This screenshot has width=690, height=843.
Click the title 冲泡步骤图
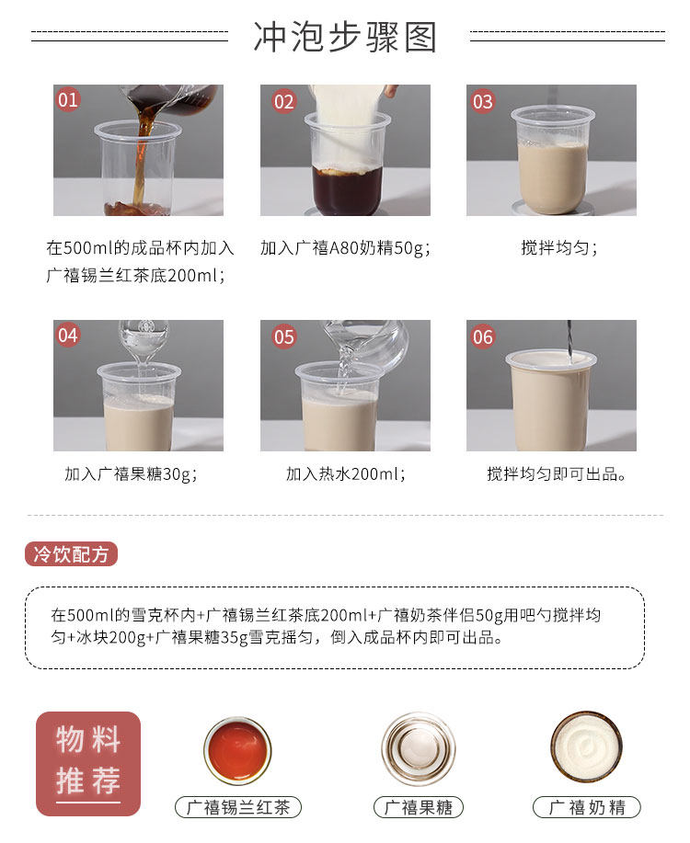pyautogui.click(x=345, y=38)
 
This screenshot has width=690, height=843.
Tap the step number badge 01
pyautogui.click(x=69, y=100)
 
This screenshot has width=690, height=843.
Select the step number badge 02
pyautogui.click(x=283, y=101)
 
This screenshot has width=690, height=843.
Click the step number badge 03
pyautogui.click(x=483, y=101)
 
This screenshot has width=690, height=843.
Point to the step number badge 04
pyautogui.click(x=69, y=336)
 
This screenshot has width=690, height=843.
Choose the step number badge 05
pyautogui.click(x=283, y=336)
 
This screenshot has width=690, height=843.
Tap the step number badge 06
pyautogui.click(x=483, y=336)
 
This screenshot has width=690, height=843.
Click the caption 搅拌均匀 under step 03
pyautogui.click(x=558, y=247)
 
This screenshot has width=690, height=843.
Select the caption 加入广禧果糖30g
pyautogui.click(x=131, y=474)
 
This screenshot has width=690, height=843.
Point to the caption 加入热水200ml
pyautogui.click(x=345, y=474)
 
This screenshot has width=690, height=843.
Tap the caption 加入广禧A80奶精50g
pyautogui.click(x=345, y=247)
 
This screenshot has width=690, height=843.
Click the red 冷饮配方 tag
pyautogui.click(x=71, y=554)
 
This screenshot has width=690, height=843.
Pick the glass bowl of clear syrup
pyautogui.click(x=418, y=748)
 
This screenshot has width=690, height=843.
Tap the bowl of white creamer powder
pyautogui.click(x=586, y=746)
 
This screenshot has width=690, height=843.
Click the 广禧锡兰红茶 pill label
pyautogui.click(x=237, y=808)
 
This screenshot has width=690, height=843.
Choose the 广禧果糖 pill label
pyautogui.click(x=418, y=808)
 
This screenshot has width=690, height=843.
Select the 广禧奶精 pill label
pyautogui.click(x=586, y=808)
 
